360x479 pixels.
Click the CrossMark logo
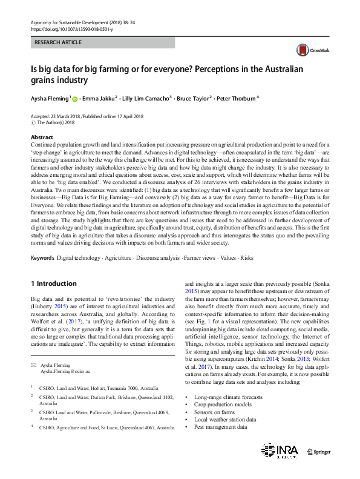point(310,50)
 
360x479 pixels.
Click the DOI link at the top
point(71,28)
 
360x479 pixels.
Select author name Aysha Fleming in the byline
point(50,97)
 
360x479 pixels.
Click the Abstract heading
point(42,137)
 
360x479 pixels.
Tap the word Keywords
point(43,258)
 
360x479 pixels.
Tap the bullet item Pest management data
point(220,426)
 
